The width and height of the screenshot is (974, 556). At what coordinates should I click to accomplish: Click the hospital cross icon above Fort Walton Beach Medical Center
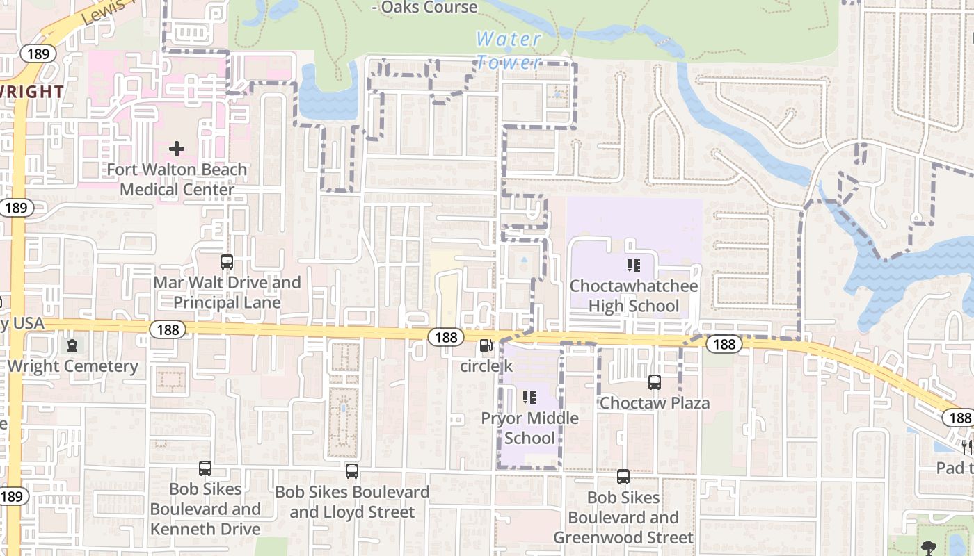[177, 148]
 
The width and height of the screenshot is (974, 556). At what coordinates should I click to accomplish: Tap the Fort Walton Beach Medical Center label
[177, 179]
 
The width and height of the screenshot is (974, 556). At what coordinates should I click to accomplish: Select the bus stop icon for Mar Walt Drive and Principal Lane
[227, 262]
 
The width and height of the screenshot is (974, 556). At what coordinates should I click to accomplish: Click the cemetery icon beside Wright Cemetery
[72, 345]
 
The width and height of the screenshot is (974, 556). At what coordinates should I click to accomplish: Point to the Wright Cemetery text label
[73, 366]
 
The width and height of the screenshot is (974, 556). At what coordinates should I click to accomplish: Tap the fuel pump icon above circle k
[486, 345]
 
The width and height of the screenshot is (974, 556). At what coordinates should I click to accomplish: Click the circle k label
[486, 366]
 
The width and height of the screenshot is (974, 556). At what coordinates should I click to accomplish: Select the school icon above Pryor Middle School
[529, 398]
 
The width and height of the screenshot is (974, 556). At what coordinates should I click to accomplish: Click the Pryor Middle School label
[530, 428]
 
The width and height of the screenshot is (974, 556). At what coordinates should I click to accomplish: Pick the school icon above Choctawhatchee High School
[633, 265]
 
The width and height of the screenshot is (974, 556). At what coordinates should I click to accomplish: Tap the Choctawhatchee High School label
[634, 296]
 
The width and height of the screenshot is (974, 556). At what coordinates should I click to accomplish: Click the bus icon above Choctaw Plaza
[655, 382]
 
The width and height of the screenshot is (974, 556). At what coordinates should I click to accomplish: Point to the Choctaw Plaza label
[655, 403]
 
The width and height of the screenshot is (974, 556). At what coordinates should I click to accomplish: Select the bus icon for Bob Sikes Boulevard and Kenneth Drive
[205, 468]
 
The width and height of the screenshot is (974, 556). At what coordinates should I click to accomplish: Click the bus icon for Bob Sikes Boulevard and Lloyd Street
[352, 471]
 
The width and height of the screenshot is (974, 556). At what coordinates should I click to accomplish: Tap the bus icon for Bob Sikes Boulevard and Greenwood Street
[623, 477]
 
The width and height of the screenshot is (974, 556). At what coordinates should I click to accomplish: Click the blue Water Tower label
[508, 50]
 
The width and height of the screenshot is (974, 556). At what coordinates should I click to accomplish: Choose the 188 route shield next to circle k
[446, 337]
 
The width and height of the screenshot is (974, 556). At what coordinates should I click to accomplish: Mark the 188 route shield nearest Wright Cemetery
[168, 329]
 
